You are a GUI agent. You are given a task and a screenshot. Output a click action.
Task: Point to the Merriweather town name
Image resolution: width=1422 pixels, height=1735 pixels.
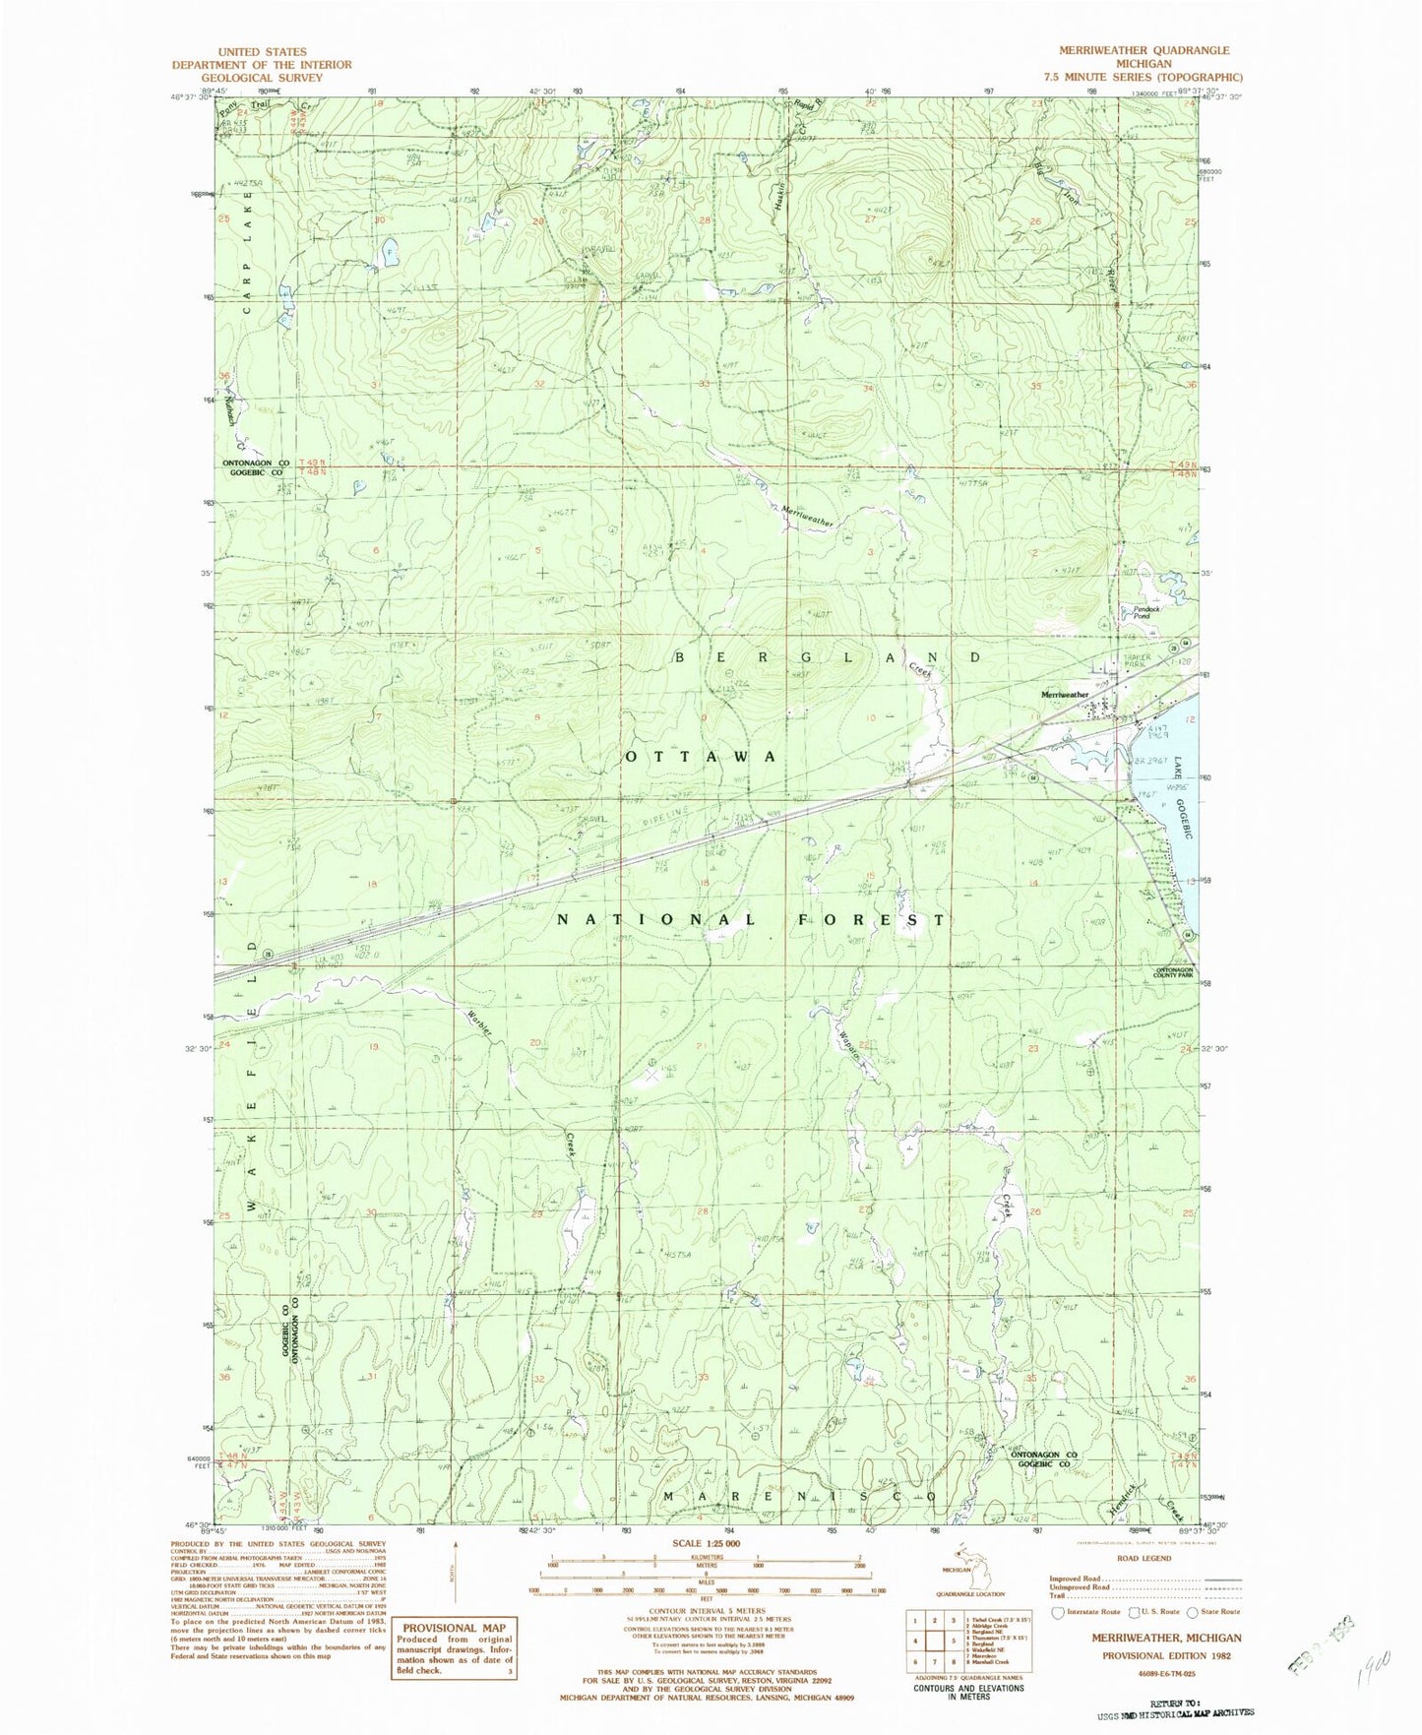pyautogui.click(x=1065, y=695)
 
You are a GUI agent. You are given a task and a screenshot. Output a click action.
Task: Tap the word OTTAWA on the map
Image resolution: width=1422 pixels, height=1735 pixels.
pyautogui.click(x=701, y=756)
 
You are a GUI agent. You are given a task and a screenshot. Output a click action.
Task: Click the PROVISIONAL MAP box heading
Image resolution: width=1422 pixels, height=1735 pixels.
pyautogui.click(x=453, y=1627)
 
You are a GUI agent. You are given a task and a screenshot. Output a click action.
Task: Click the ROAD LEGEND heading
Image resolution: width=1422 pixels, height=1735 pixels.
pyautogui.click(x=1144, y=1558)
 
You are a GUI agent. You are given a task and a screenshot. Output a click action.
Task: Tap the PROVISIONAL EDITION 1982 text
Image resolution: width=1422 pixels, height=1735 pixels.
pyautogui.click(x=1166, y=1655)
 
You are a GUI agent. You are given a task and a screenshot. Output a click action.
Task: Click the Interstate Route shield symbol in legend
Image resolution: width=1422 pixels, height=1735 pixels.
pyautogui.click(x=1058, y=1612)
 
